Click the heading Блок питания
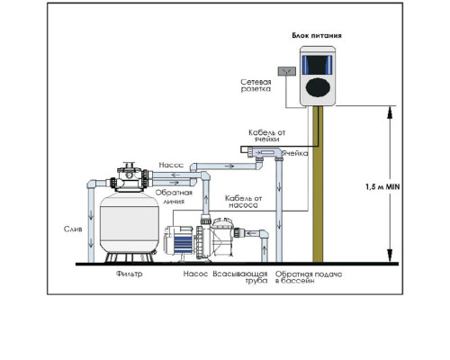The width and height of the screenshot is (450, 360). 317,35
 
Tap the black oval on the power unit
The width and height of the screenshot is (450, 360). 318,87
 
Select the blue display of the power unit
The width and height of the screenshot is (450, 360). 318,65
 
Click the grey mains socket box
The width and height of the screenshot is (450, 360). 287,71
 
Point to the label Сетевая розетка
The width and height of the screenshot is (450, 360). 256,85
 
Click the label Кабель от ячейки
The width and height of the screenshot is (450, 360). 267,136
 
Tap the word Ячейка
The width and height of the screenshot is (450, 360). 295,153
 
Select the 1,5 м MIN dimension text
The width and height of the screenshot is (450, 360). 382,186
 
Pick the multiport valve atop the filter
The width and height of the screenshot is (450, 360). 129,177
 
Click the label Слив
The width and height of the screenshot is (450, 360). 73,229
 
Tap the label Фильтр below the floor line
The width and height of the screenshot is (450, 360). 130,274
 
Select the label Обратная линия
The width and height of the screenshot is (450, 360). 174,196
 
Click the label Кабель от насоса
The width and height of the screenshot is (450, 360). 244,202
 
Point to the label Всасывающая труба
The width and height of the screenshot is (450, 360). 240,277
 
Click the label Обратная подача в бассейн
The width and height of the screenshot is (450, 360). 309,277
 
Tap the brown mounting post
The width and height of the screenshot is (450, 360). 318,184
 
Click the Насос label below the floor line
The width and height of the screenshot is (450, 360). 195,274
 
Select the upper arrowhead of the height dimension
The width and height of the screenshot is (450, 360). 390,112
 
